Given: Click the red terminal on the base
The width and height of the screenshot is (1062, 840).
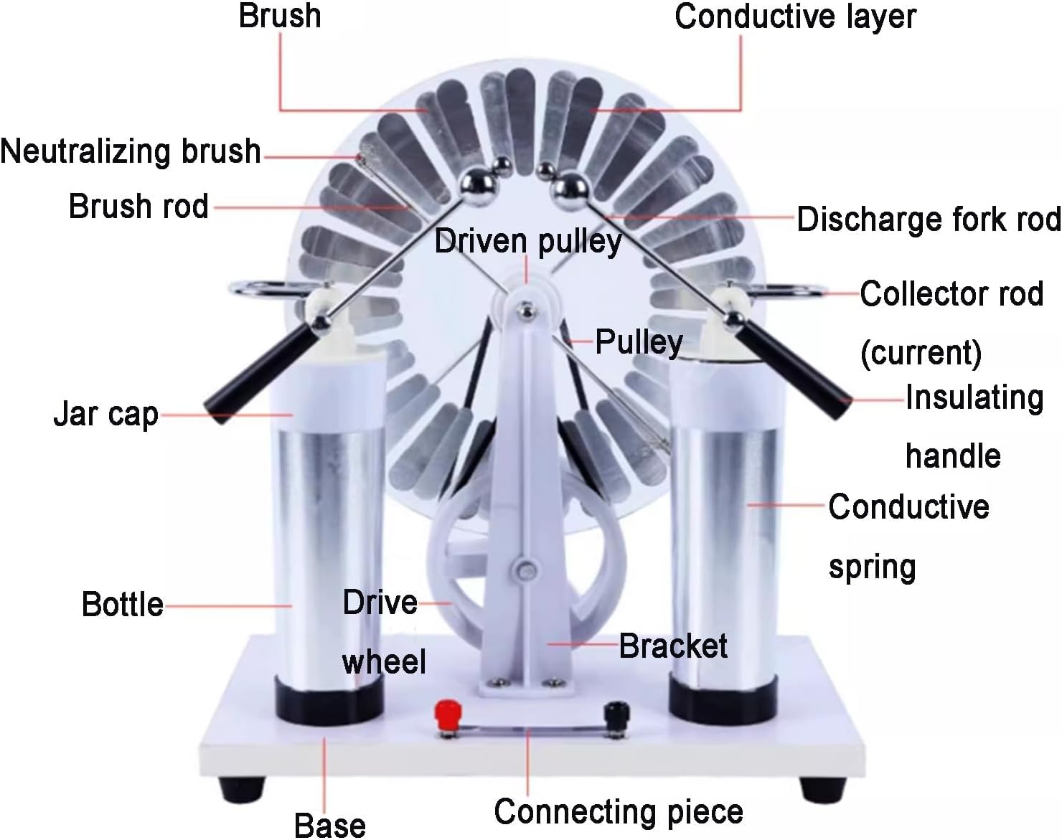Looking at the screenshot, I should tap(448, 714).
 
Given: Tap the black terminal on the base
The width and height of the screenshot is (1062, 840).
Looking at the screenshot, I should tap(616, 714).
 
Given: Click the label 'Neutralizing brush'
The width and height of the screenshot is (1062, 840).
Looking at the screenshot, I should tap(131, 151).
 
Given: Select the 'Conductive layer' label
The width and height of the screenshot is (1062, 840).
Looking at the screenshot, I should tap(795, 16).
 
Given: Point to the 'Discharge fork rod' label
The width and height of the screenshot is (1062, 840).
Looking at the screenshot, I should tap(929, 219).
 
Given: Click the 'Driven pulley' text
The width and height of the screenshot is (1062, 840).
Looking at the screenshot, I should tap(527, 241).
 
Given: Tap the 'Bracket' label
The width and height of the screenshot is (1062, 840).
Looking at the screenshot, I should tap(672, 646).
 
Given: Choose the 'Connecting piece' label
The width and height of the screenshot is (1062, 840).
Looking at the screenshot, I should tap(619, 811).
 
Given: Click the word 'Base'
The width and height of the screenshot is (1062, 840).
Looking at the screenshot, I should tap(330, 825).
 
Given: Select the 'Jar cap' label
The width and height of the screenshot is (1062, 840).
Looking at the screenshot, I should tap(106, 414).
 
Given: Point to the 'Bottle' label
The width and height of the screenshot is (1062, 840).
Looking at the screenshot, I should tap(122, 604).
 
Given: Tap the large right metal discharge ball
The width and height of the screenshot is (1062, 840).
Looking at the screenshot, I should tap(570, 188).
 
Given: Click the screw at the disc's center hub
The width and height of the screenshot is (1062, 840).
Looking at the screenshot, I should tap(527, 310).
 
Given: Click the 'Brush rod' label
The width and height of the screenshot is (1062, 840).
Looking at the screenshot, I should tap(138, 207).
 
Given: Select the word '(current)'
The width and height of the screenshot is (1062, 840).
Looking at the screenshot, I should tap(921, 352).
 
